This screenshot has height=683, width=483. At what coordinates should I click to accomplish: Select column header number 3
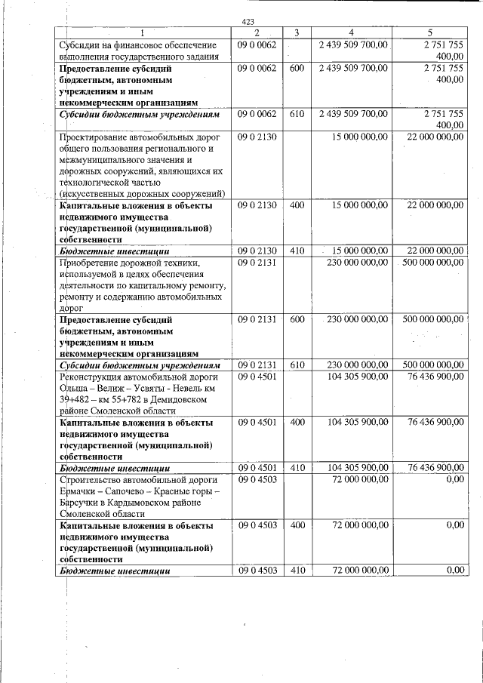pos(297,33)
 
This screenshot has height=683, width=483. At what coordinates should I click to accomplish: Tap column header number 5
pos(430,33)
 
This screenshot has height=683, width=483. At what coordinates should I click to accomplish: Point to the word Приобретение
pos(94,262)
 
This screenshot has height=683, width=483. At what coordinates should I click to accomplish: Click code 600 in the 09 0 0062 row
pos(297,68)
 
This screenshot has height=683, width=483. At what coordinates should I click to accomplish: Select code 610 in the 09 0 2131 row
pos(297,365)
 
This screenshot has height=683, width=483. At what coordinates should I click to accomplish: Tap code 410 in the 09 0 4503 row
pos(297,571)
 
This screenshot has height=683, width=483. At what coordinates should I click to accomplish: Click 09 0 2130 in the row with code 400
pos(257,205)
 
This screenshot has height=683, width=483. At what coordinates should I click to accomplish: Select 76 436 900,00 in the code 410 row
pos(435,468)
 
